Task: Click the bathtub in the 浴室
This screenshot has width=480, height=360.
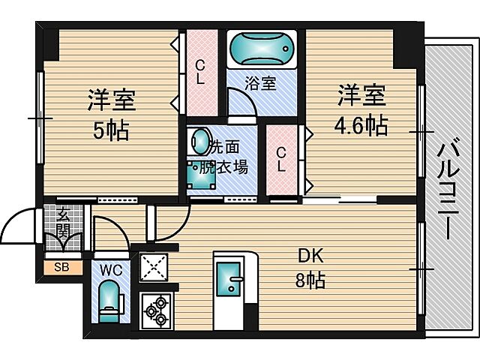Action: coord(261,49)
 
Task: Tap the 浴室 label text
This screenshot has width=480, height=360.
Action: coord(262,84)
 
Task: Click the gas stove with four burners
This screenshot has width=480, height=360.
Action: coord(157,310)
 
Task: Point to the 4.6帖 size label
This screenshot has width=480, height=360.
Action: coord(361,124)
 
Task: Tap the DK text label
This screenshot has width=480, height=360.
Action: coord(310,256)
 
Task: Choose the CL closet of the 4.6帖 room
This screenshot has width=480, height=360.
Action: coord(281,159)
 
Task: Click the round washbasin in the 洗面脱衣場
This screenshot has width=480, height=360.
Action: coord(200,141)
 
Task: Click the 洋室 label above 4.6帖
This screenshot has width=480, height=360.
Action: coord(361,96)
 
